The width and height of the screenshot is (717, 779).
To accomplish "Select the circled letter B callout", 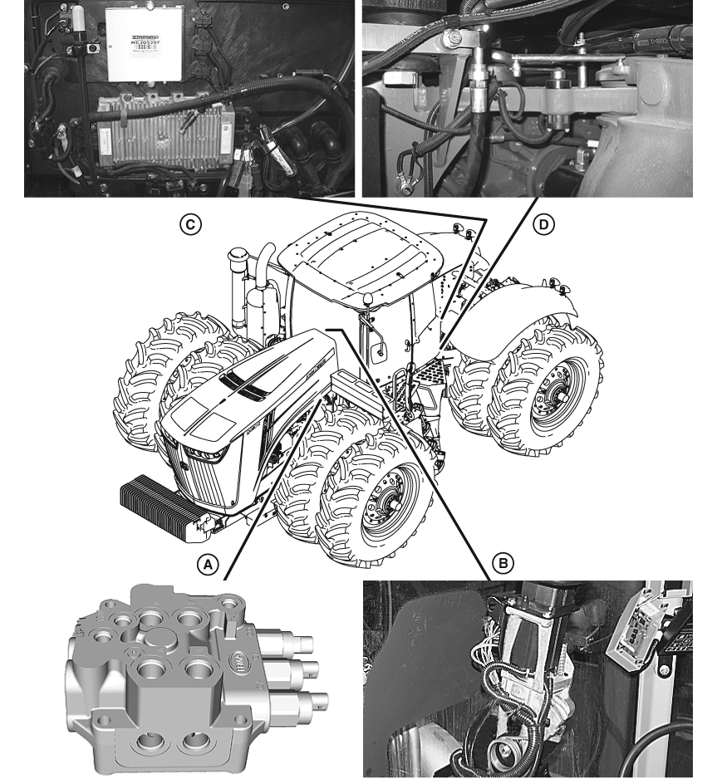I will coord(502,563).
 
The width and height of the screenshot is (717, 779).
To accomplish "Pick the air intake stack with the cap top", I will coord(236,278).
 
